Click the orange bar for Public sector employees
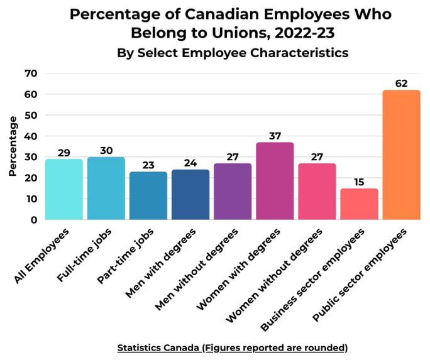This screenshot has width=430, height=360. click(x=401, y=155)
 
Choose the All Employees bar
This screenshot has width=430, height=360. click(x=63, y=189)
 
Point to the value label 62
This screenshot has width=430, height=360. click(x=402, y=83)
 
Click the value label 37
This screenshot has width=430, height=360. click(x=275, y=135)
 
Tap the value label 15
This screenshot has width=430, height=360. click(x=359, y=181)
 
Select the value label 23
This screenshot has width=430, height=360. click(x=148, y=165)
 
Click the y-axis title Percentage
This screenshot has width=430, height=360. click(x=13, y=146)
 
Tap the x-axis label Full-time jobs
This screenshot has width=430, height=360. click(x=94, y=254)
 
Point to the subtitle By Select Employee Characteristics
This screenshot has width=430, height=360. click(x=233, y=53)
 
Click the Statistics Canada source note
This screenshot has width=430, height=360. click(x=233, y=347)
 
